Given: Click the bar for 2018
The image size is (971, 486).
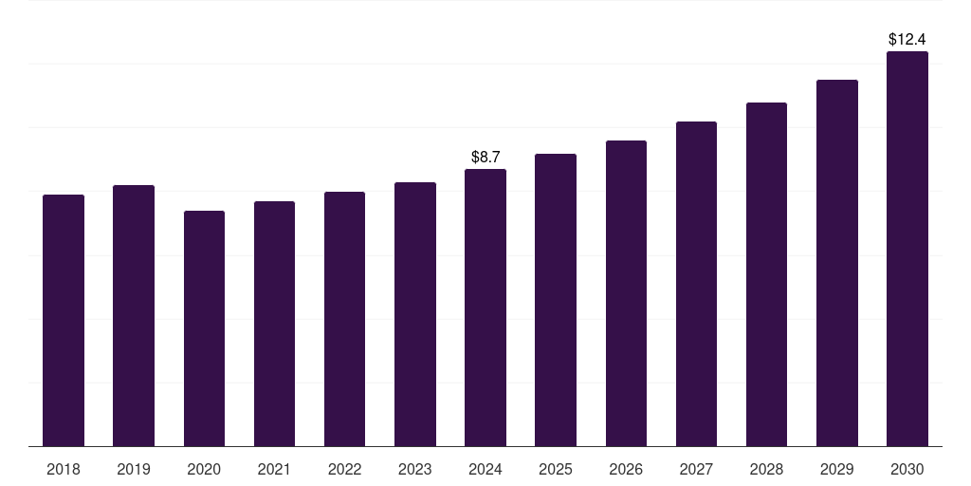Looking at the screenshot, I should point(64,320).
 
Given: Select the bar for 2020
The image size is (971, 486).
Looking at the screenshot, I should point(204,328).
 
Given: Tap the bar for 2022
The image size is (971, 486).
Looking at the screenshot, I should point(344,319).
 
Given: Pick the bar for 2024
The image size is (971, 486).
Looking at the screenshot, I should point(485,308).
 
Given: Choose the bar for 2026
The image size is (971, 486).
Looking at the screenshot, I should point(626,293).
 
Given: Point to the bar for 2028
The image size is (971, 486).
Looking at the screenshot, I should point(766,274).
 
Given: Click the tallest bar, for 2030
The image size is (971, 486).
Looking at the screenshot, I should point(907,249).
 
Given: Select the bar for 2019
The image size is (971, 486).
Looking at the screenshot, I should point(134,315).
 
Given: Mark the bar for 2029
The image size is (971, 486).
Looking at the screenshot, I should point(837,263).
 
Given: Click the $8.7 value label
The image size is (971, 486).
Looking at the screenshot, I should point(485,157).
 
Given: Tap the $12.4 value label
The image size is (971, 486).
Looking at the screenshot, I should point(907,40).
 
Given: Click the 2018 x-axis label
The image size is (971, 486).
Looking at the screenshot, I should point(64,470).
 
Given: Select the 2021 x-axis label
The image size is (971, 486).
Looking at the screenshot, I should point(274,470).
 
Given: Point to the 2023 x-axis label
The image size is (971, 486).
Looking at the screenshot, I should point(415,470).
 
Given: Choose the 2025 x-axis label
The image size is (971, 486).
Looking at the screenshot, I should point(556,470).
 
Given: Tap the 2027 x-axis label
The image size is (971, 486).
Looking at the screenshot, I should point(696,470).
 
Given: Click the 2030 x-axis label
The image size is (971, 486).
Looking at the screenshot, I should point(907,470).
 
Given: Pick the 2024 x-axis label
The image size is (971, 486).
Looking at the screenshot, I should point(485,470).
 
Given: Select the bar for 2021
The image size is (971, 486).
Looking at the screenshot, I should point(274,324).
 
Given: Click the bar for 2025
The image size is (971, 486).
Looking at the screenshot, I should point(556,300).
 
